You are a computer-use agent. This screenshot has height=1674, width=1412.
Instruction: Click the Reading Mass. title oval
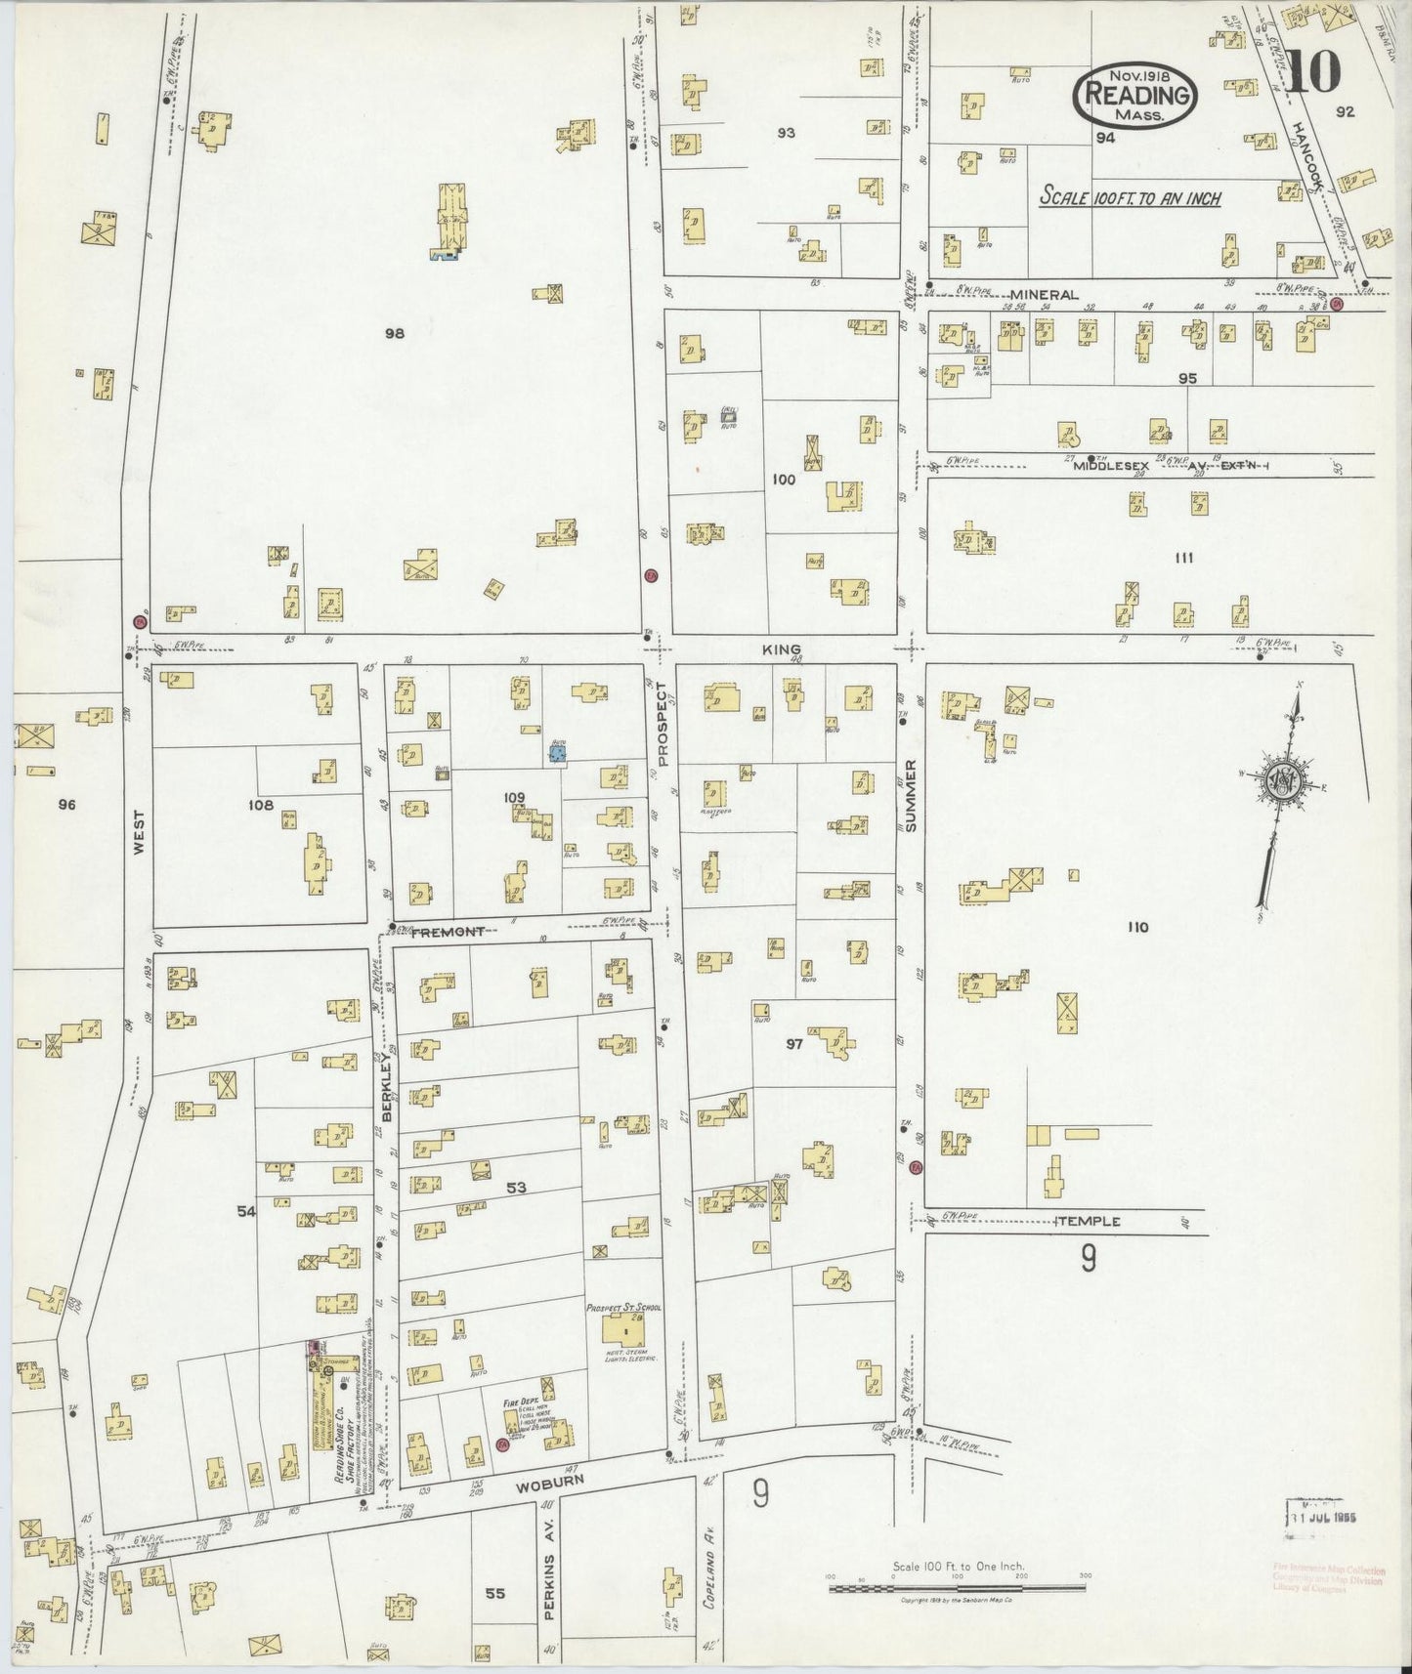pyautogui.click(x=1136, y=95)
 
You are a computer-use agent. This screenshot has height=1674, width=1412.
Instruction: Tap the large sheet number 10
pyautogui.click(x=1311, y=71)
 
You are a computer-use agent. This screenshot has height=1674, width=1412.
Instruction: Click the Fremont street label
pyautogui.click(x=447, y=932)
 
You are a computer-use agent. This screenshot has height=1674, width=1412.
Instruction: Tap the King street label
pyautogui.click(x=784, y=649)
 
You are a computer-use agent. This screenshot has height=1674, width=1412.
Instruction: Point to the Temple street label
pyautogui.click(x=1088, y=1221)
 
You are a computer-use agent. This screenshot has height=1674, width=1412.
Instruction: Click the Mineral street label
pyautogui.click(x=1044, y=294)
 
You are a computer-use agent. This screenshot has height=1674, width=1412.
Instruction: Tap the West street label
pyautogui.click(x=138, y=832)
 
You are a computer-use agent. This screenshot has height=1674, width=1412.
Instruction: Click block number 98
pyautogui.click(x=394, y=333)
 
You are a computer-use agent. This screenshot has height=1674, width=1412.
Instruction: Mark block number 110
pyautogui.click(x=1136, y=927)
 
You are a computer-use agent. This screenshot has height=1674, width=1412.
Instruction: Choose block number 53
pyautogui.click(x=516, y=1188)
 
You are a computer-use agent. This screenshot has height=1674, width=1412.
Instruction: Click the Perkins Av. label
pyautogui.click(x=548, y=1585)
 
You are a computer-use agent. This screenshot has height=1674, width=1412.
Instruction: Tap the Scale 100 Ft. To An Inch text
pyautogui.click(x=1130, y=197)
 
